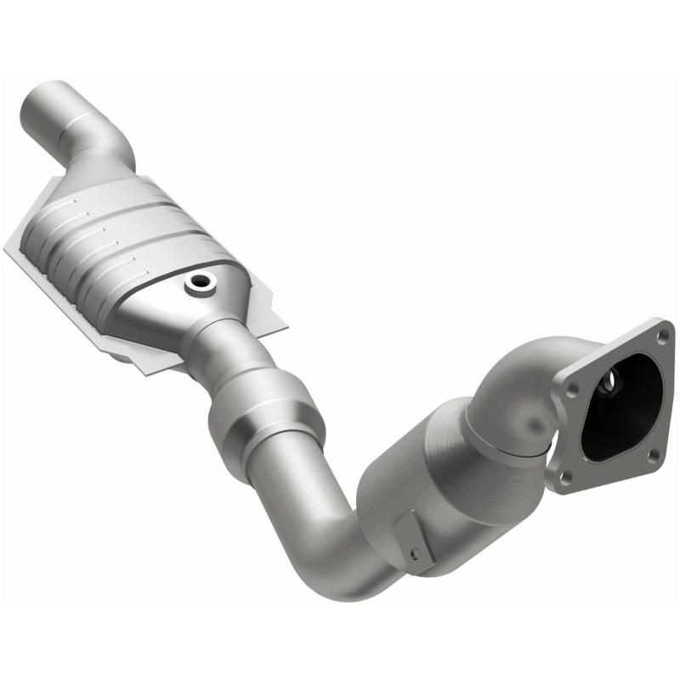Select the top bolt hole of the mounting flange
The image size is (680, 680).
coord(660,336)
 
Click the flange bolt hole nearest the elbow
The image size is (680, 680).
coord(571,389)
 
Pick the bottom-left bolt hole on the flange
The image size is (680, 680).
coord(563,476)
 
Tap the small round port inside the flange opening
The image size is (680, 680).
coord(607,385)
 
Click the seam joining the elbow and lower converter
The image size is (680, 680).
coord(493,433)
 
